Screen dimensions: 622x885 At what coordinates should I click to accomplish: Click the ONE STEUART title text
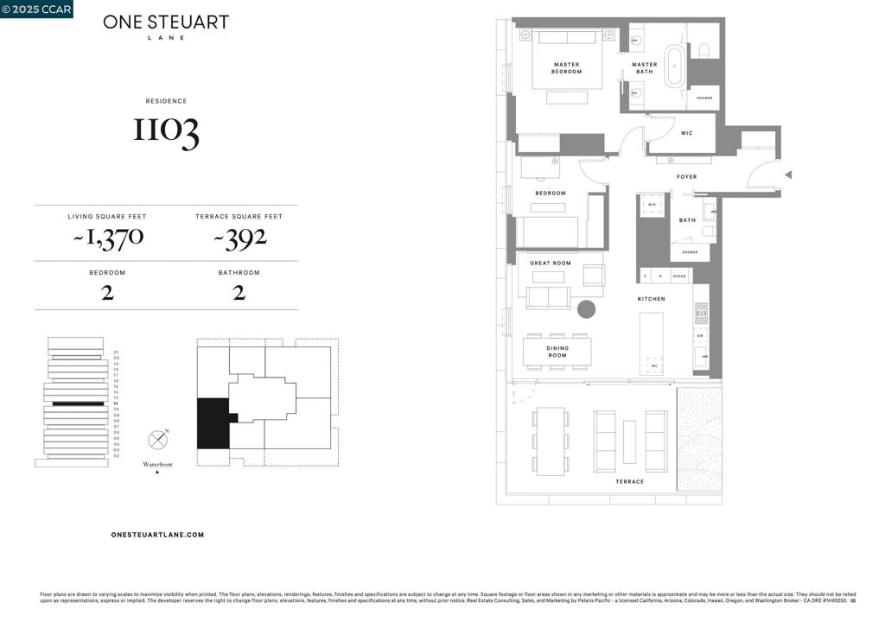tap(166, 22)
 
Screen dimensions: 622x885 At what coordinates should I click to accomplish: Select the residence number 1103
tap(166, 130)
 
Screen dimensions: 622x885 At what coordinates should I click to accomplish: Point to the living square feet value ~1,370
tap(107, 238)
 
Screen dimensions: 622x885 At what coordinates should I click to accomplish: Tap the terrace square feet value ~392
tap(239, 238)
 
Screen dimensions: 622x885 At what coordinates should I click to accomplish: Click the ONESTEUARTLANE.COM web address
tap(158, 535)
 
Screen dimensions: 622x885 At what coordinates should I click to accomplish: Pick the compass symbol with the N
tap(157, 440)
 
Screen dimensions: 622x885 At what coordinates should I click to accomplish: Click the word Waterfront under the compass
tap(157, 465)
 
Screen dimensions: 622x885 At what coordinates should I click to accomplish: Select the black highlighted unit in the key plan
tap(213, 423)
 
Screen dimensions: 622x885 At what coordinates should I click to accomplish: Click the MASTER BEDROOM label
tap(566, 68)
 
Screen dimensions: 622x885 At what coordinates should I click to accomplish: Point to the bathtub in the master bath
tap(674, 65)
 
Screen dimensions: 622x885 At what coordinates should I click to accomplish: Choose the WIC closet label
tap(686, 133)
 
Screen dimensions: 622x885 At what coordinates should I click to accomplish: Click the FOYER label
tap(686, 177)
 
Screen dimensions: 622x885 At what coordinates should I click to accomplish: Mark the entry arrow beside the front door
tap(787, 175)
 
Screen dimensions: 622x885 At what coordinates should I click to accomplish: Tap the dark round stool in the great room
tap(587, 309)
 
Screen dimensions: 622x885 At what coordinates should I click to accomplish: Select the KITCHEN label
tap(652, 299)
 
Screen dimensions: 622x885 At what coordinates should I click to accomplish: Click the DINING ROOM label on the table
tap(557, 352)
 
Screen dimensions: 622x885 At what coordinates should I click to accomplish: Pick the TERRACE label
tap(630, 481)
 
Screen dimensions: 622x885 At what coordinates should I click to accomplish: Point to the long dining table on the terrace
tap(551, 441)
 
